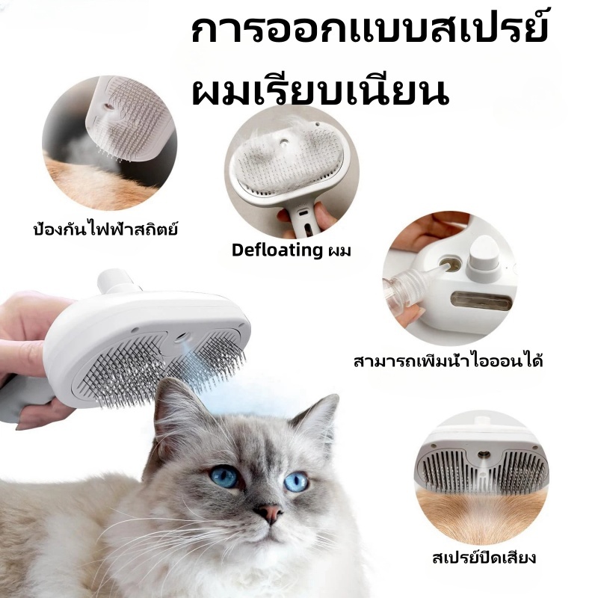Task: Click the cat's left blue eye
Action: coord(224,476)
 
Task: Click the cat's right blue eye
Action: coord(296,481)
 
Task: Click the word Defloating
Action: coord(277,250)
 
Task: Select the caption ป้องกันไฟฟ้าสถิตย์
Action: coord(105,229)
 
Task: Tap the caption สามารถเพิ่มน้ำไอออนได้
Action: coord(448,360)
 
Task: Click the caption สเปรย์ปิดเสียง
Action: coord(484,557)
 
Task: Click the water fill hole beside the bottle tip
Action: coord(451,264)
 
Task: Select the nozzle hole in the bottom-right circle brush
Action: coord(484,454)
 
